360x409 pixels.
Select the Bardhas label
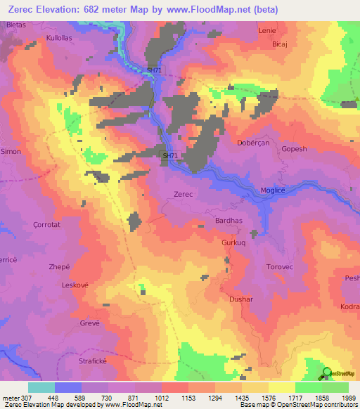pyautogui.click(x=228, y=220)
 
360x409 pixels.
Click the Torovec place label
pyautogui.click(x=278, y=267)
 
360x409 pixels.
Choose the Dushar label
pyautogui.click(x=241, y=299)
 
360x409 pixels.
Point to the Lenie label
pyautogui.click(x=267, y=31)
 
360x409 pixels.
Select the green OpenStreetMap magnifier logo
pyautogui.click(x=327, y=372)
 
